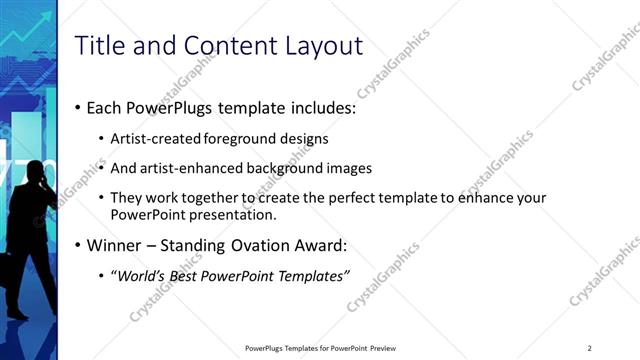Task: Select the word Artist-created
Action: (153, 138)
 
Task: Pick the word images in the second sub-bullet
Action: (350, 168)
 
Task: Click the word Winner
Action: (114, 245)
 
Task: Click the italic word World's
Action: (142, 276)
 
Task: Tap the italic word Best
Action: (186, 276)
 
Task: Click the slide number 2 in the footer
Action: (590, 348)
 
